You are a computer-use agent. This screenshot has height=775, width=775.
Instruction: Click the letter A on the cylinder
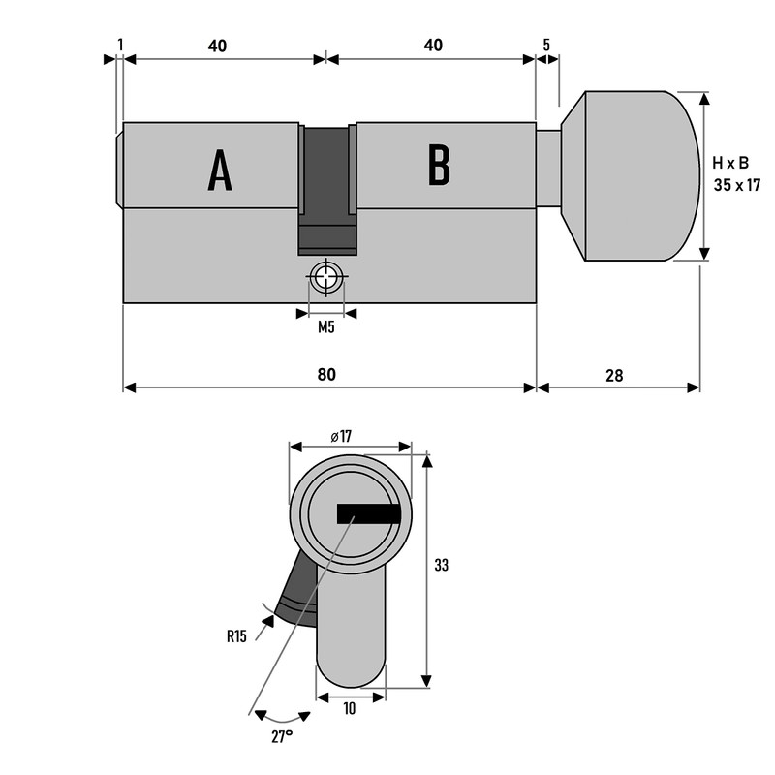(220, 171)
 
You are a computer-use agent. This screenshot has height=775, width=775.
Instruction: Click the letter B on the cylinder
(439, 166)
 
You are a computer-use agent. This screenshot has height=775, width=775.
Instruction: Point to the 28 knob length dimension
(617, 374)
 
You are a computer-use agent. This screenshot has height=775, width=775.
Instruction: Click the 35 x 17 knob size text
(737, 184)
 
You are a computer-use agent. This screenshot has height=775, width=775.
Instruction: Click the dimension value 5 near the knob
(547, 45)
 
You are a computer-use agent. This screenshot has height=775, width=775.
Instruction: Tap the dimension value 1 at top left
(119, 45)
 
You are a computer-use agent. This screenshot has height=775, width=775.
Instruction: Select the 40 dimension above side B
(433, 45)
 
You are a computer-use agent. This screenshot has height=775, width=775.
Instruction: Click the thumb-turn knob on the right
(635, 176)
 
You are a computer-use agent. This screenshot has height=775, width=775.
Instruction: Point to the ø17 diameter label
(340, 437)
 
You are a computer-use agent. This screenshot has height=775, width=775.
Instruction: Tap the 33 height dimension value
(442, 565)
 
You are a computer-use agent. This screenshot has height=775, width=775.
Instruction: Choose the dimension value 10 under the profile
(349, 709)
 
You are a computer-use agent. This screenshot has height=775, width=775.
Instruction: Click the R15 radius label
(236, 636)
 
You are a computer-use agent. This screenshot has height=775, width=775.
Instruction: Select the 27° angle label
(282, 737)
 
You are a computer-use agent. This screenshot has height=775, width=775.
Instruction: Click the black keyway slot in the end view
(368, 514)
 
